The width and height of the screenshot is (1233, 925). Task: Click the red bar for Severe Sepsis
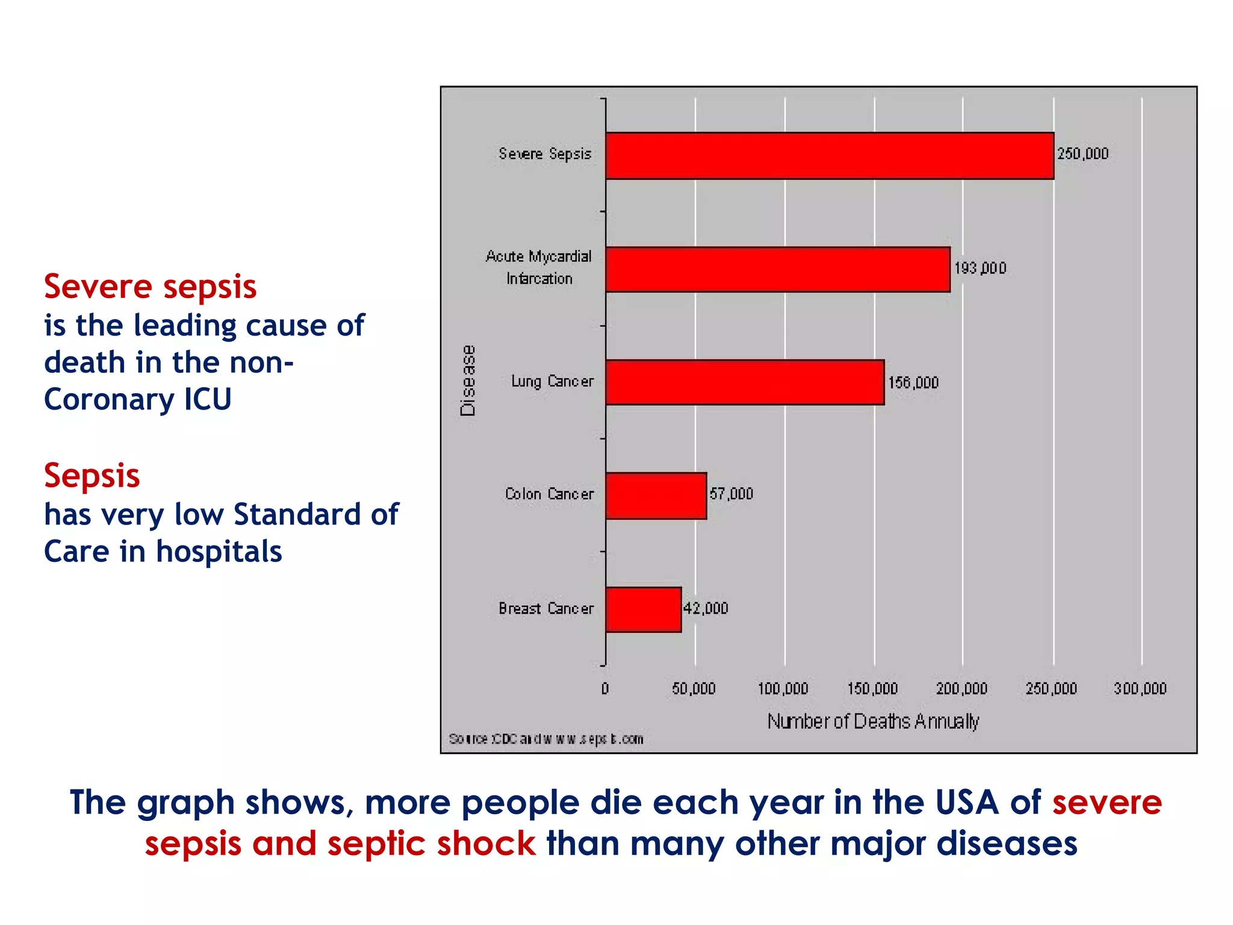830,156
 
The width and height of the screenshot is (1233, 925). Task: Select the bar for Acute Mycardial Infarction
778,269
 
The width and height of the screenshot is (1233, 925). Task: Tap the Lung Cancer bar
745,382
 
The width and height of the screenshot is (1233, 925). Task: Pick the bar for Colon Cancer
656,496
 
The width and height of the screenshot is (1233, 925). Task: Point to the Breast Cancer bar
644,609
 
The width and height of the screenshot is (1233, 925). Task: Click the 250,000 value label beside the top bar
1082,154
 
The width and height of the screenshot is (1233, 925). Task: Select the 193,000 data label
980,268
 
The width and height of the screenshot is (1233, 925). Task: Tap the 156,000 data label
913,382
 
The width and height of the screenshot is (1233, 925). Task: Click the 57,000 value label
731,494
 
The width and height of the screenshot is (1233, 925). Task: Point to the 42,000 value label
706,608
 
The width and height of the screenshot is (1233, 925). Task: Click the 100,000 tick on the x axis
783,688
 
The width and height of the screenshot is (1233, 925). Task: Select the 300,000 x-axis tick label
1140,688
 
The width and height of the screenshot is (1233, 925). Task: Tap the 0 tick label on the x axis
605,688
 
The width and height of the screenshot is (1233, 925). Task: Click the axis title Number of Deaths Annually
873,721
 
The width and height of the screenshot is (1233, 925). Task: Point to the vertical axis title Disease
468,381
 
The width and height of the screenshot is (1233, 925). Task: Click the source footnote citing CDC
546,739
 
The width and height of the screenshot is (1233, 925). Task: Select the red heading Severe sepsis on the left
151,287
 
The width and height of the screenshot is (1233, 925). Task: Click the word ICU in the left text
208,399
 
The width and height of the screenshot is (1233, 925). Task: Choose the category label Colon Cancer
549,494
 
